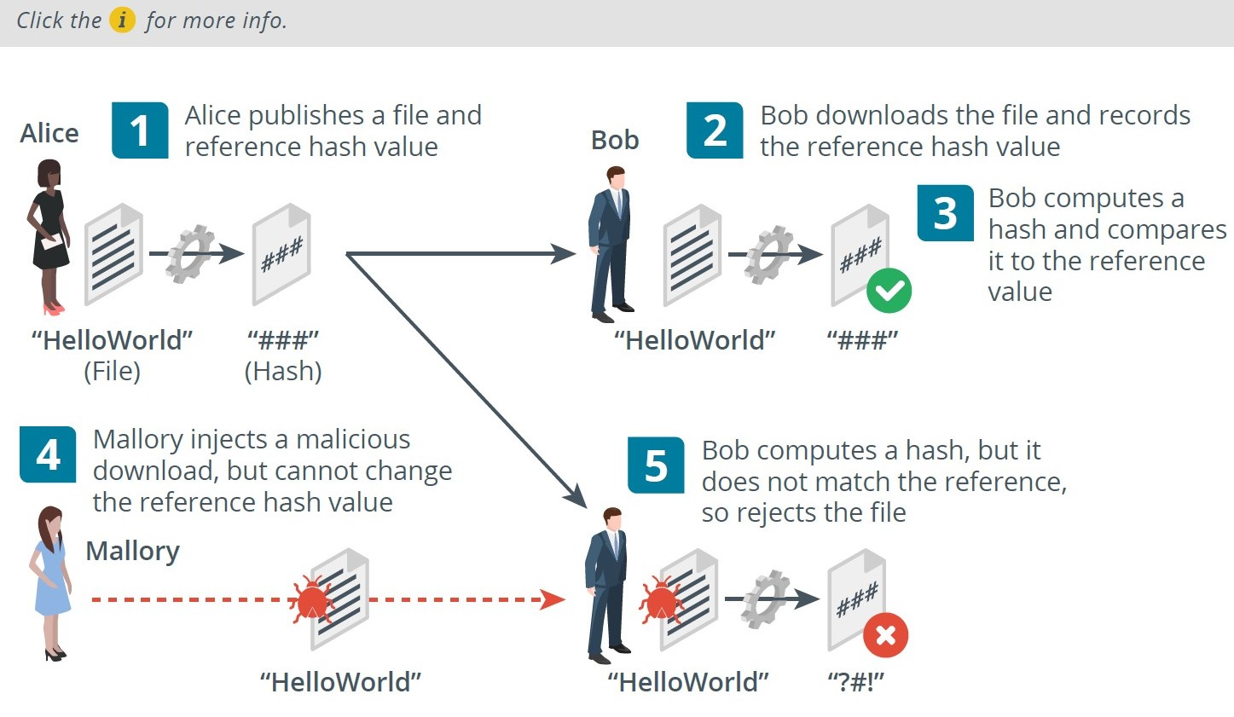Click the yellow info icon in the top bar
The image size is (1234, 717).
122,20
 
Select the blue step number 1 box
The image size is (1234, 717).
140,130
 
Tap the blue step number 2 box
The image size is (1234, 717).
715,130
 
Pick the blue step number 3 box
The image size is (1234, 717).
946,213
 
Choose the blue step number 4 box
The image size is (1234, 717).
48,454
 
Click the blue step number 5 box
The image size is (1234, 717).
656,465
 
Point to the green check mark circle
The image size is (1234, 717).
889,291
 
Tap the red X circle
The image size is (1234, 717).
885,635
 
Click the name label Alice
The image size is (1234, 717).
49,133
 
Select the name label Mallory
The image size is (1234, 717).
133,552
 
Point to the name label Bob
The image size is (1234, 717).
615,140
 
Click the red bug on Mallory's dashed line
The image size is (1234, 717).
312,599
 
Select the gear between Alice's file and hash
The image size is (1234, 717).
190,253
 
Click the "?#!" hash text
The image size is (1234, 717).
855,682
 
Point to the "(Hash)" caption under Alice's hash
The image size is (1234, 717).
282,371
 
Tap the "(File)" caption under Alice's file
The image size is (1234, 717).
113,371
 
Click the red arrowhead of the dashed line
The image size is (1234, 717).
552,599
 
